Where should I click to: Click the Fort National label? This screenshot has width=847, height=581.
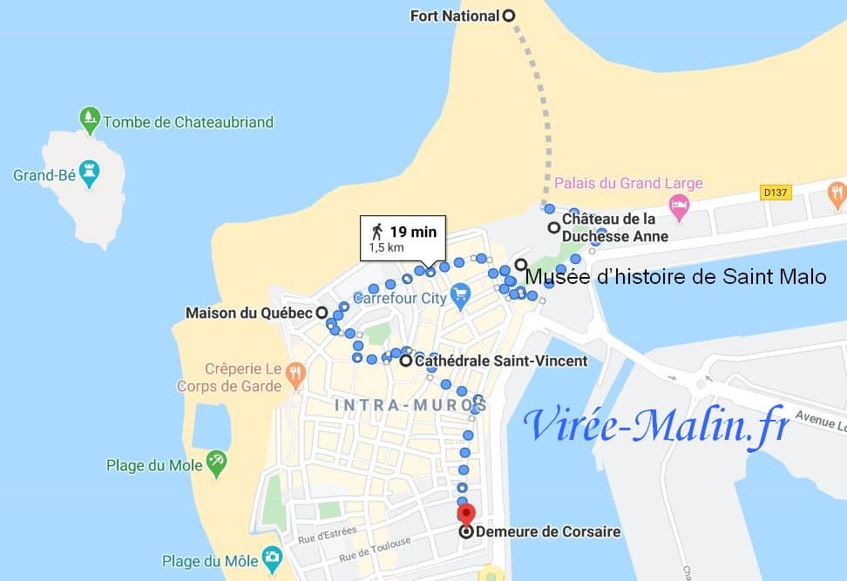click(455, 16)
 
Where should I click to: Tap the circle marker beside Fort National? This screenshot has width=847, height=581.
click(509, 15)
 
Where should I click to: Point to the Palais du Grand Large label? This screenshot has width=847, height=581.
click(628, 183)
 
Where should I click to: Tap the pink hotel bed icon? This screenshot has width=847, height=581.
click(679, 206)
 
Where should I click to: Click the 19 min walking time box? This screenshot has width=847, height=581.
click(403, 238)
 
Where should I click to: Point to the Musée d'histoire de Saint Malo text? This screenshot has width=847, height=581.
click(674, 277)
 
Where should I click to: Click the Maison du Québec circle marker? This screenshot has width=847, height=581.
click(322, 312)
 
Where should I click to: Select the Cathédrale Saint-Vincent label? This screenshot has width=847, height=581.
click(500, 361)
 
